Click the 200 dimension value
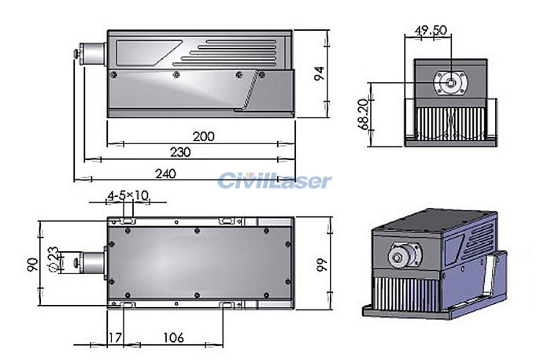coord(203,136)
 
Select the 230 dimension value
coord(179,152)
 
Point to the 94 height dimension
coord(319,73)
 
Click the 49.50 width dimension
coord(431,30)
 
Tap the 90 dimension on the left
coord(32,264)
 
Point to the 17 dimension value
coord(114,338)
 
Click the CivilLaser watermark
coord(275,181)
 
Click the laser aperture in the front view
coord(450,80)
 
